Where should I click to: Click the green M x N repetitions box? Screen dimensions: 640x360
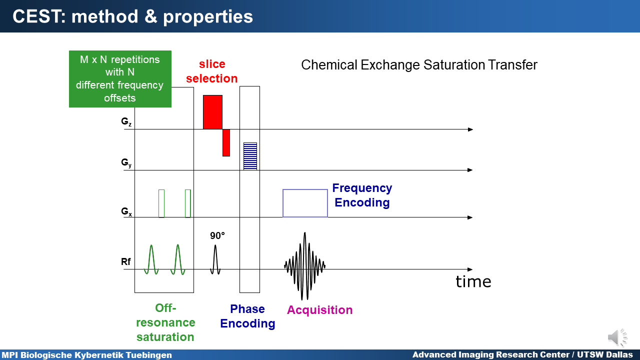(120, 79)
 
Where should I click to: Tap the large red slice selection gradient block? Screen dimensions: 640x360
(212, 112)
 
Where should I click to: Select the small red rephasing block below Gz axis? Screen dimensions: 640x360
(226, 142)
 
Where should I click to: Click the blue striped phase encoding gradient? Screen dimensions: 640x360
(250, 156)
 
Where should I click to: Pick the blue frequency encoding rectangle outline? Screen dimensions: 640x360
(305, 189)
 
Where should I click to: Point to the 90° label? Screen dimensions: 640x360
(217, 235)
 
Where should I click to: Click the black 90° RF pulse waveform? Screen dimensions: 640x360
(215, 259)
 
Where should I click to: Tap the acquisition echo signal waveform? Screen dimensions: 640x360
(305, 266)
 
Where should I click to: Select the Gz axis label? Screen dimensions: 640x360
(126, 121)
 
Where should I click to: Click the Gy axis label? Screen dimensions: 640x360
(126, 163)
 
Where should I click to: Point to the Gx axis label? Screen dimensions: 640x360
(126, 211)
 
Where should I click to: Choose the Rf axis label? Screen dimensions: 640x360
(125, 261)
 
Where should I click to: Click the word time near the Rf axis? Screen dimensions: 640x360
(473, 281)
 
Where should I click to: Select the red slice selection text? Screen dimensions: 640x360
(211, 71)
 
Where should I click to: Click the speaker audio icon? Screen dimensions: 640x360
(617, 337)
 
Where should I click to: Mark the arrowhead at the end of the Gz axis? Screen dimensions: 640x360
(470, 129)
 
